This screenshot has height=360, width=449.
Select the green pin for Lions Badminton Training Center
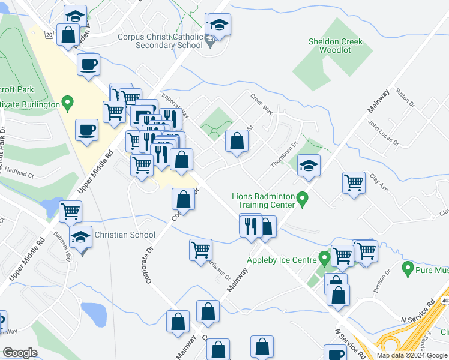pyautogui.click(x=303, y=197)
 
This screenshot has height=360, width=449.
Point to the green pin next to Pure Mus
pyautogui.click(x=408, y=268)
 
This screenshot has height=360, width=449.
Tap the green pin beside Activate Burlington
pyautogui.click(x=68, y=104)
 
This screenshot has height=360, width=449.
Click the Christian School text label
pyautogui.click(x=125, y=235)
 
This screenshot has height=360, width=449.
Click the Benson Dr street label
pyautogui.click(x=382, y=281)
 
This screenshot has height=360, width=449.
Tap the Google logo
pyautogui.click(x=19, y=353)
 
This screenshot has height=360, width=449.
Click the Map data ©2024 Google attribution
pyautogui.click(x=411, y=355)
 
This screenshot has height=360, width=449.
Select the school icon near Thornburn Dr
pyautogui.click(x=309, y=166)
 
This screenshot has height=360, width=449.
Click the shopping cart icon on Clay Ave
pyautogui.click(x=354, y=182)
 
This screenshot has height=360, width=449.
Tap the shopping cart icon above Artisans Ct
pyautogui.click(x=200, y=249)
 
